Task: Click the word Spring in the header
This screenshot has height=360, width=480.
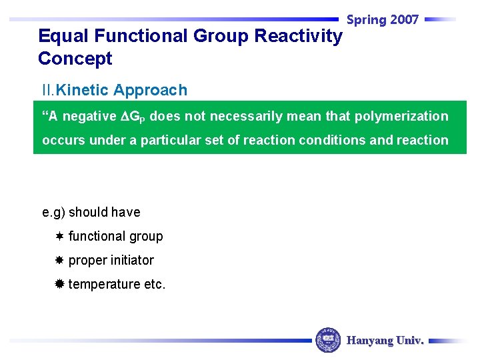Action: [x=367, y=20]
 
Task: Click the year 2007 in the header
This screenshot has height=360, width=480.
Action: [x=404, y=20]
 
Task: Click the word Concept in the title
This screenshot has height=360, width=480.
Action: [x=75, y=59]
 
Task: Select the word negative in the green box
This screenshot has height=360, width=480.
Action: [x=89, y=117]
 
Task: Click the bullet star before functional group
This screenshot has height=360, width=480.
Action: [x=59, y=237]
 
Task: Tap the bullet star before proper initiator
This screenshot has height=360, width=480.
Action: [x=59, y=261]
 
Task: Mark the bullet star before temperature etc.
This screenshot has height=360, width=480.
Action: [x=59, y=285]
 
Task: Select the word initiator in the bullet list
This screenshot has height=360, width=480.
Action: [x=131, y=261]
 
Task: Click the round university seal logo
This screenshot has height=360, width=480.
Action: [x=328, y=340]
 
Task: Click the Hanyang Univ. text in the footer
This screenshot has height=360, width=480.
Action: [x=385, y=341]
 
